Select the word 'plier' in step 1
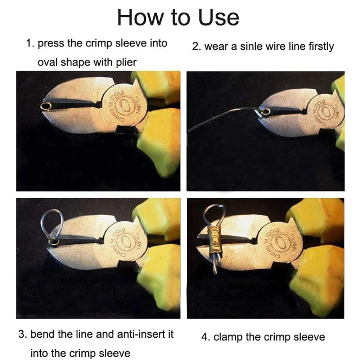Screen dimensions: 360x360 (x=126, y=63)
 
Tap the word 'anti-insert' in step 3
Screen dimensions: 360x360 (x=145, y=334)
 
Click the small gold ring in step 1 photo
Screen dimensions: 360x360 (x=46, y=106)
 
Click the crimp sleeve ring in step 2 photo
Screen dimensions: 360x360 (x=266, y=112)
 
